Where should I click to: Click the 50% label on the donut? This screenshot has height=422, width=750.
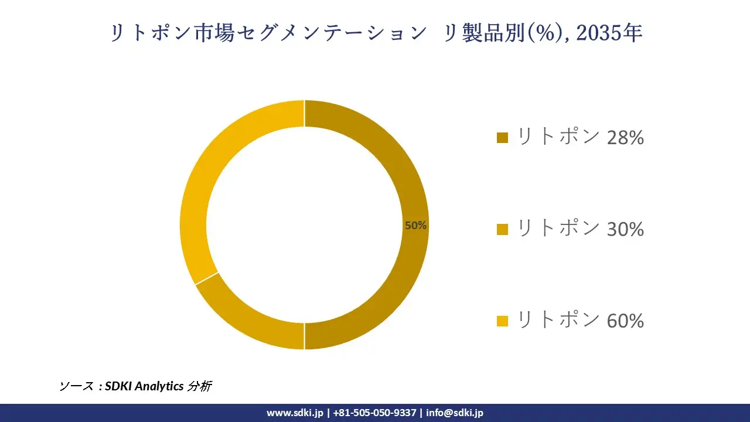[415, 225]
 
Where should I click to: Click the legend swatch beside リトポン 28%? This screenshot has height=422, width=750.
[502, 138]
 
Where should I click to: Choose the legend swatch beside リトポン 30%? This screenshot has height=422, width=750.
[502, 229]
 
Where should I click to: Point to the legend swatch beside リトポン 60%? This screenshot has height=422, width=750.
[502, 321]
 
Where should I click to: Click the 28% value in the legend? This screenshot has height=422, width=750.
[625, 138]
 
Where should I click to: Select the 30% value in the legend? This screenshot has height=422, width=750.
[625, 229]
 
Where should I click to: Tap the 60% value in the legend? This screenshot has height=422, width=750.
[625, 321]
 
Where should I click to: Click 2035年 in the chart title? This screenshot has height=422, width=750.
[609, 33]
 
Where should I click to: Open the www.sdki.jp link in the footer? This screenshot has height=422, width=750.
[295, 413]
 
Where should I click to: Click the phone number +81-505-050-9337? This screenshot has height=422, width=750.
[374, 413]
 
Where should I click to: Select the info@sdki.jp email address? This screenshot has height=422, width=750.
[455, 413]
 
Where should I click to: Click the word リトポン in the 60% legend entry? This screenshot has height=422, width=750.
[558, 321]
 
